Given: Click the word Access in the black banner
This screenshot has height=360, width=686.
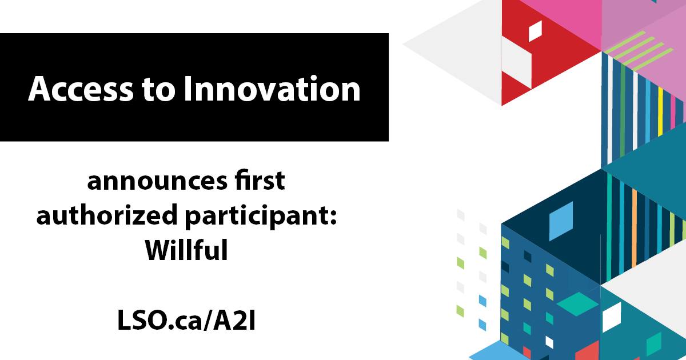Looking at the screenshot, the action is pyautogui.click(x=81, y=89).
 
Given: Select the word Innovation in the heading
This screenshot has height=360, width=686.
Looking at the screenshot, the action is pyautogui.click(x=272, y=89).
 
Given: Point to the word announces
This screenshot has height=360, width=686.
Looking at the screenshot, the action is pyautogui.click(x=157, y=182).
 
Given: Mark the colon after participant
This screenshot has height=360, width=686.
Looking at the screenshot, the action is pyautogui.click(x=333, y=217).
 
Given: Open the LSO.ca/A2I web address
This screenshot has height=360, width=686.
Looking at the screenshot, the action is pyautogui.click(x=186, y=320).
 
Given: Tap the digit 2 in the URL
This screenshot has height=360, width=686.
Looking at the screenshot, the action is pyautogui.click(x=239, y=320).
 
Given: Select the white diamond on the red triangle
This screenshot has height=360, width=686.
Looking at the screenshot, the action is pyautogui.click(x=535, y=31).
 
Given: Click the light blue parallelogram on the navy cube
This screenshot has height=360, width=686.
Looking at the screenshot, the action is pyautogui.click(x=561, y=221).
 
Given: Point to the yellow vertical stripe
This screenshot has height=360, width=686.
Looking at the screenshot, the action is pyautogui.click(x=660, y=113).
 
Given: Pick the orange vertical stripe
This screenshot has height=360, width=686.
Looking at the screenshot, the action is pyautogui.click(x=634, y=229).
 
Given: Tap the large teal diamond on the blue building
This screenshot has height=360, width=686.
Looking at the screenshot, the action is pyautogui.click(x=577, y=303).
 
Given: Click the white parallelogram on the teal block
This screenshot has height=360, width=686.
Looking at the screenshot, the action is pyautogui.click(x=612, y=317).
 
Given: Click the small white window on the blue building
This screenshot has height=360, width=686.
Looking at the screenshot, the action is pyautogui.click(x=549, y=342).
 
